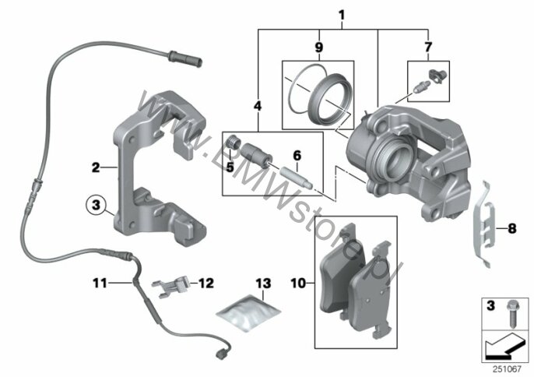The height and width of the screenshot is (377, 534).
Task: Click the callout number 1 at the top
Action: point(342,16)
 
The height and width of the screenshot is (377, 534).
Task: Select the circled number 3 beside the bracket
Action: point(97,206)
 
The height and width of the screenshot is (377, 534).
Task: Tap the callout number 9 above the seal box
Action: point(319,48)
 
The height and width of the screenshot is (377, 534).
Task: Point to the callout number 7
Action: point(428,48)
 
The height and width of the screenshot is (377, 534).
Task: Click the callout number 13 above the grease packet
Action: point(264,284)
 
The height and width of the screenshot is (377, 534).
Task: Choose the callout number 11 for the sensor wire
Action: point(100,283)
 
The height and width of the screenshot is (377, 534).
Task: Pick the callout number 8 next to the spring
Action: point(512,228)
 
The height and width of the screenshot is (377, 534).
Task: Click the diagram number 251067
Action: point(508,368)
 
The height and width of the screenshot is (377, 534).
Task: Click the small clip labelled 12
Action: point(170,285)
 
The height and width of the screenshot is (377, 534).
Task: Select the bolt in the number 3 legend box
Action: point(511,314)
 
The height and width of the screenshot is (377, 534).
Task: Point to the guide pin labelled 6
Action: point(295,177)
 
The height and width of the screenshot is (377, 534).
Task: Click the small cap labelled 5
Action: point(233,142)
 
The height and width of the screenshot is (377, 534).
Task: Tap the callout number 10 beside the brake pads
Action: point(298,283)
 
